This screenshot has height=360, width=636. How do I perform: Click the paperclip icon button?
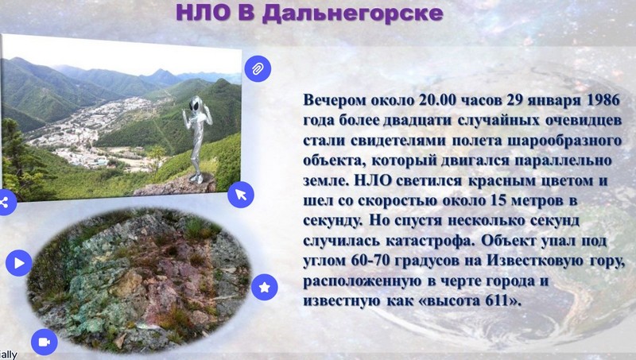(258, 69)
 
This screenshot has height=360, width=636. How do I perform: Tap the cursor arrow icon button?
(241, 195)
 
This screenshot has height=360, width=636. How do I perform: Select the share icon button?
(5, 203)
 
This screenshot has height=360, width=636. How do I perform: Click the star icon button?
(265, 287)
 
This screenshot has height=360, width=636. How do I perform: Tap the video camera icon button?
(45, 342)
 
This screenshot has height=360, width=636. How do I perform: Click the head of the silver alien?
(196, 104)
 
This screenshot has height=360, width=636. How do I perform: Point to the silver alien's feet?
(196, 178)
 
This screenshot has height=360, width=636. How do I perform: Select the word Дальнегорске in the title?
(352, 14)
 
